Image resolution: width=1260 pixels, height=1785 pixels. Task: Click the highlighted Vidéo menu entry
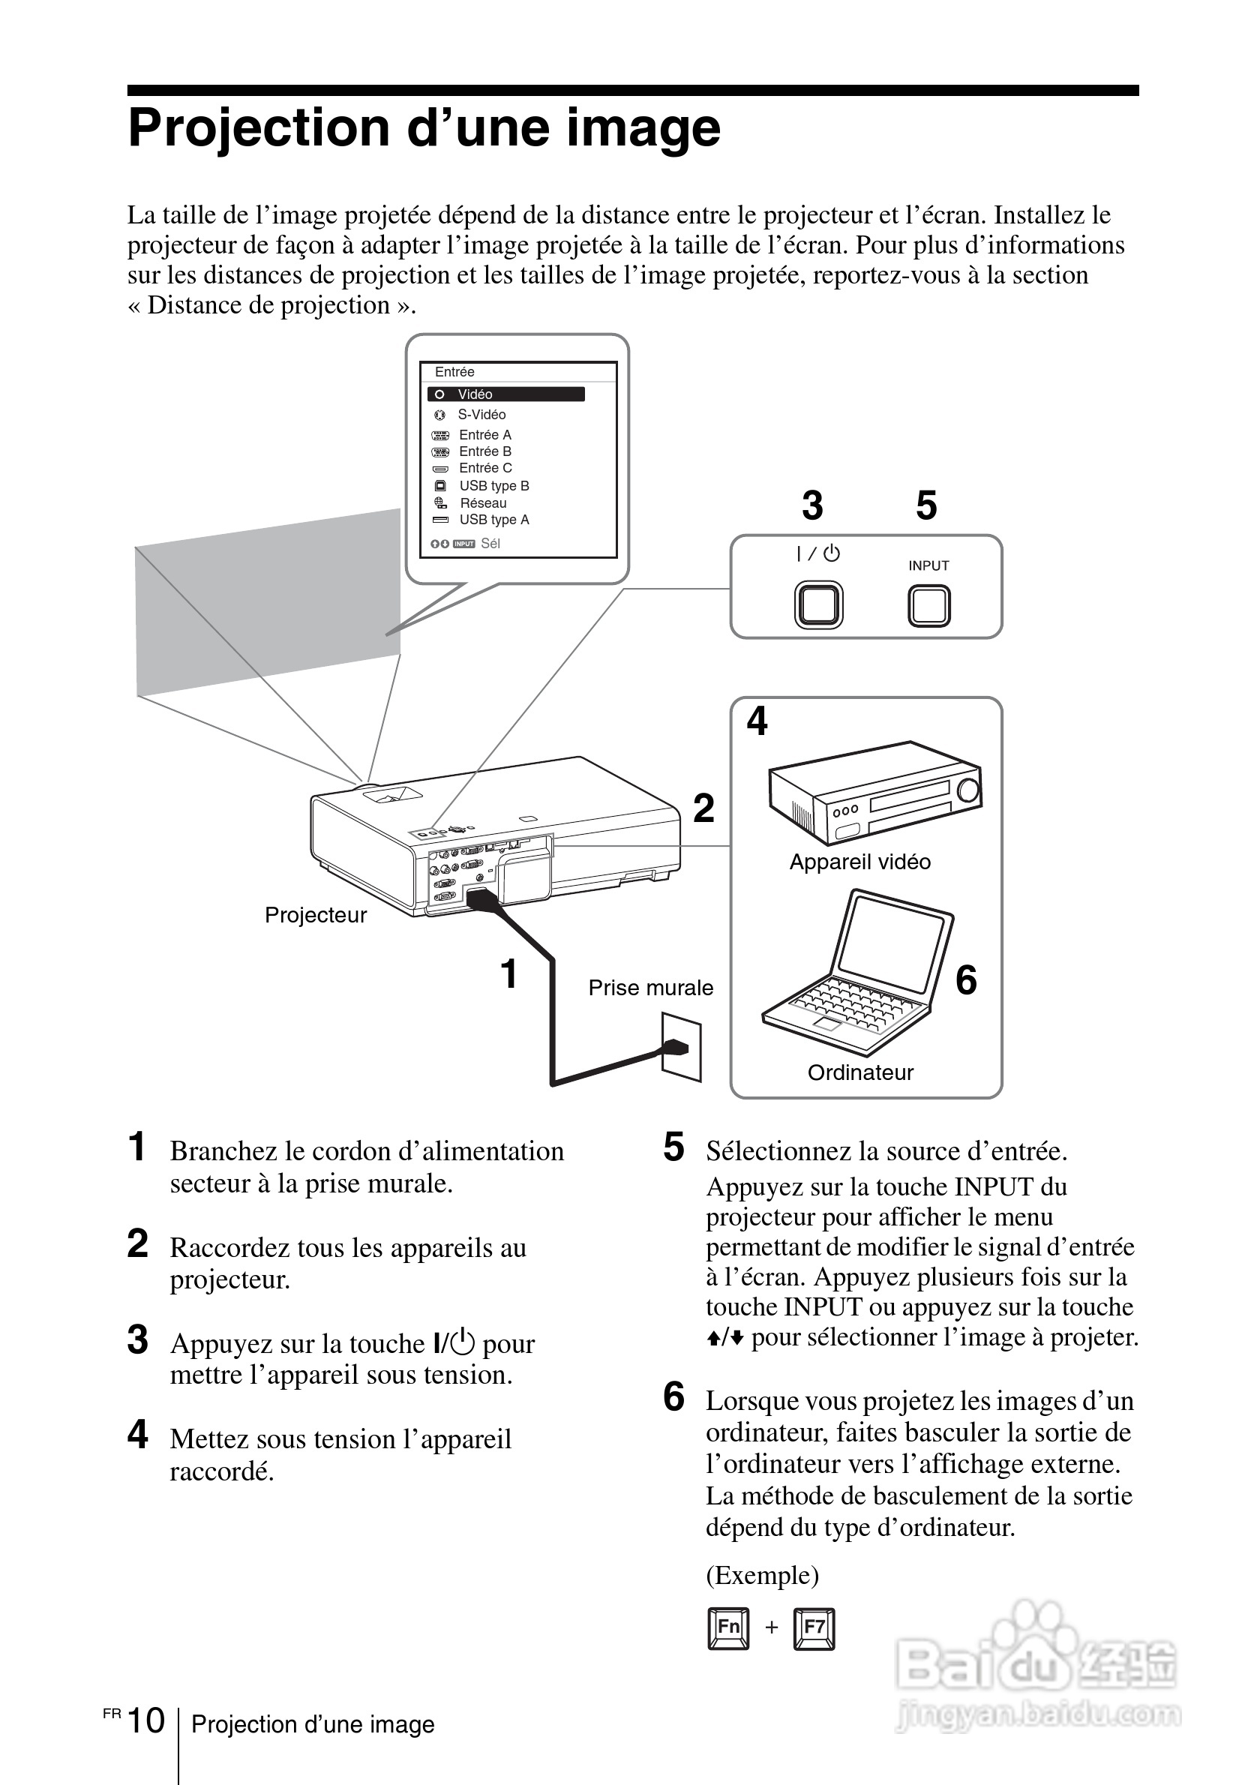click(505, 394)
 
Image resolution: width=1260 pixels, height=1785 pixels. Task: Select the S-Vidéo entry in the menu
click(481, 414)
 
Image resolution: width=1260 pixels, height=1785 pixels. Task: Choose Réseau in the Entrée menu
click(483, 503)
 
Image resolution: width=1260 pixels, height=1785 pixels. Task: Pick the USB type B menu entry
click(493, 486)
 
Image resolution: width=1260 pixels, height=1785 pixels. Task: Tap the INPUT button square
click(928, 606)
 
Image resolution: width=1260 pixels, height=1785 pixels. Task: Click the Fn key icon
click(728, 1627)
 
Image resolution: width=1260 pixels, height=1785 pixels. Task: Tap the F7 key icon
click(814, 1627)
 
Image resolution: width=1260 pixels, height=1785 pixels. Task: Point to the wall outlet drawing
click(682, 1046)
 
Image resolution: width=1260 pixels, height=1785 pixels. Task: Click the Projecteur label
click(316, 915)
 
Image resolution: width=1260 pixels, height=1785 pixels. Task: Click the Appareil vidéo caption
click(859, 862)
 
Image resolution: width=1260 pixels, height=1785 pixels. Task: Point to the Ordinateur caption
click(860, 1072)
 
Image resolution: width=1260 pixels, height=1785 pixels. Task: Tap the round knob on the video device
click(968, 790)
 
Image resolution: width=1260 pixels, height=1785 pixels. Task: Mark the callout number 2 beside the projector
click(703, 808)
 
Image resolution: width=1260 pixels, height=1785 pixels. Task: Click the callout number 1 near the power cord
click(509, 973)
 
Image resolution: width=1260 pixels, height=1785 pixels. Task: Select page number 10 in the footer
click(146, 1720)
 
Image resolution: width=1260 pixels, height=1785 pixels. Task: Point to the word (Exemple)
click(762, 1575)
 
